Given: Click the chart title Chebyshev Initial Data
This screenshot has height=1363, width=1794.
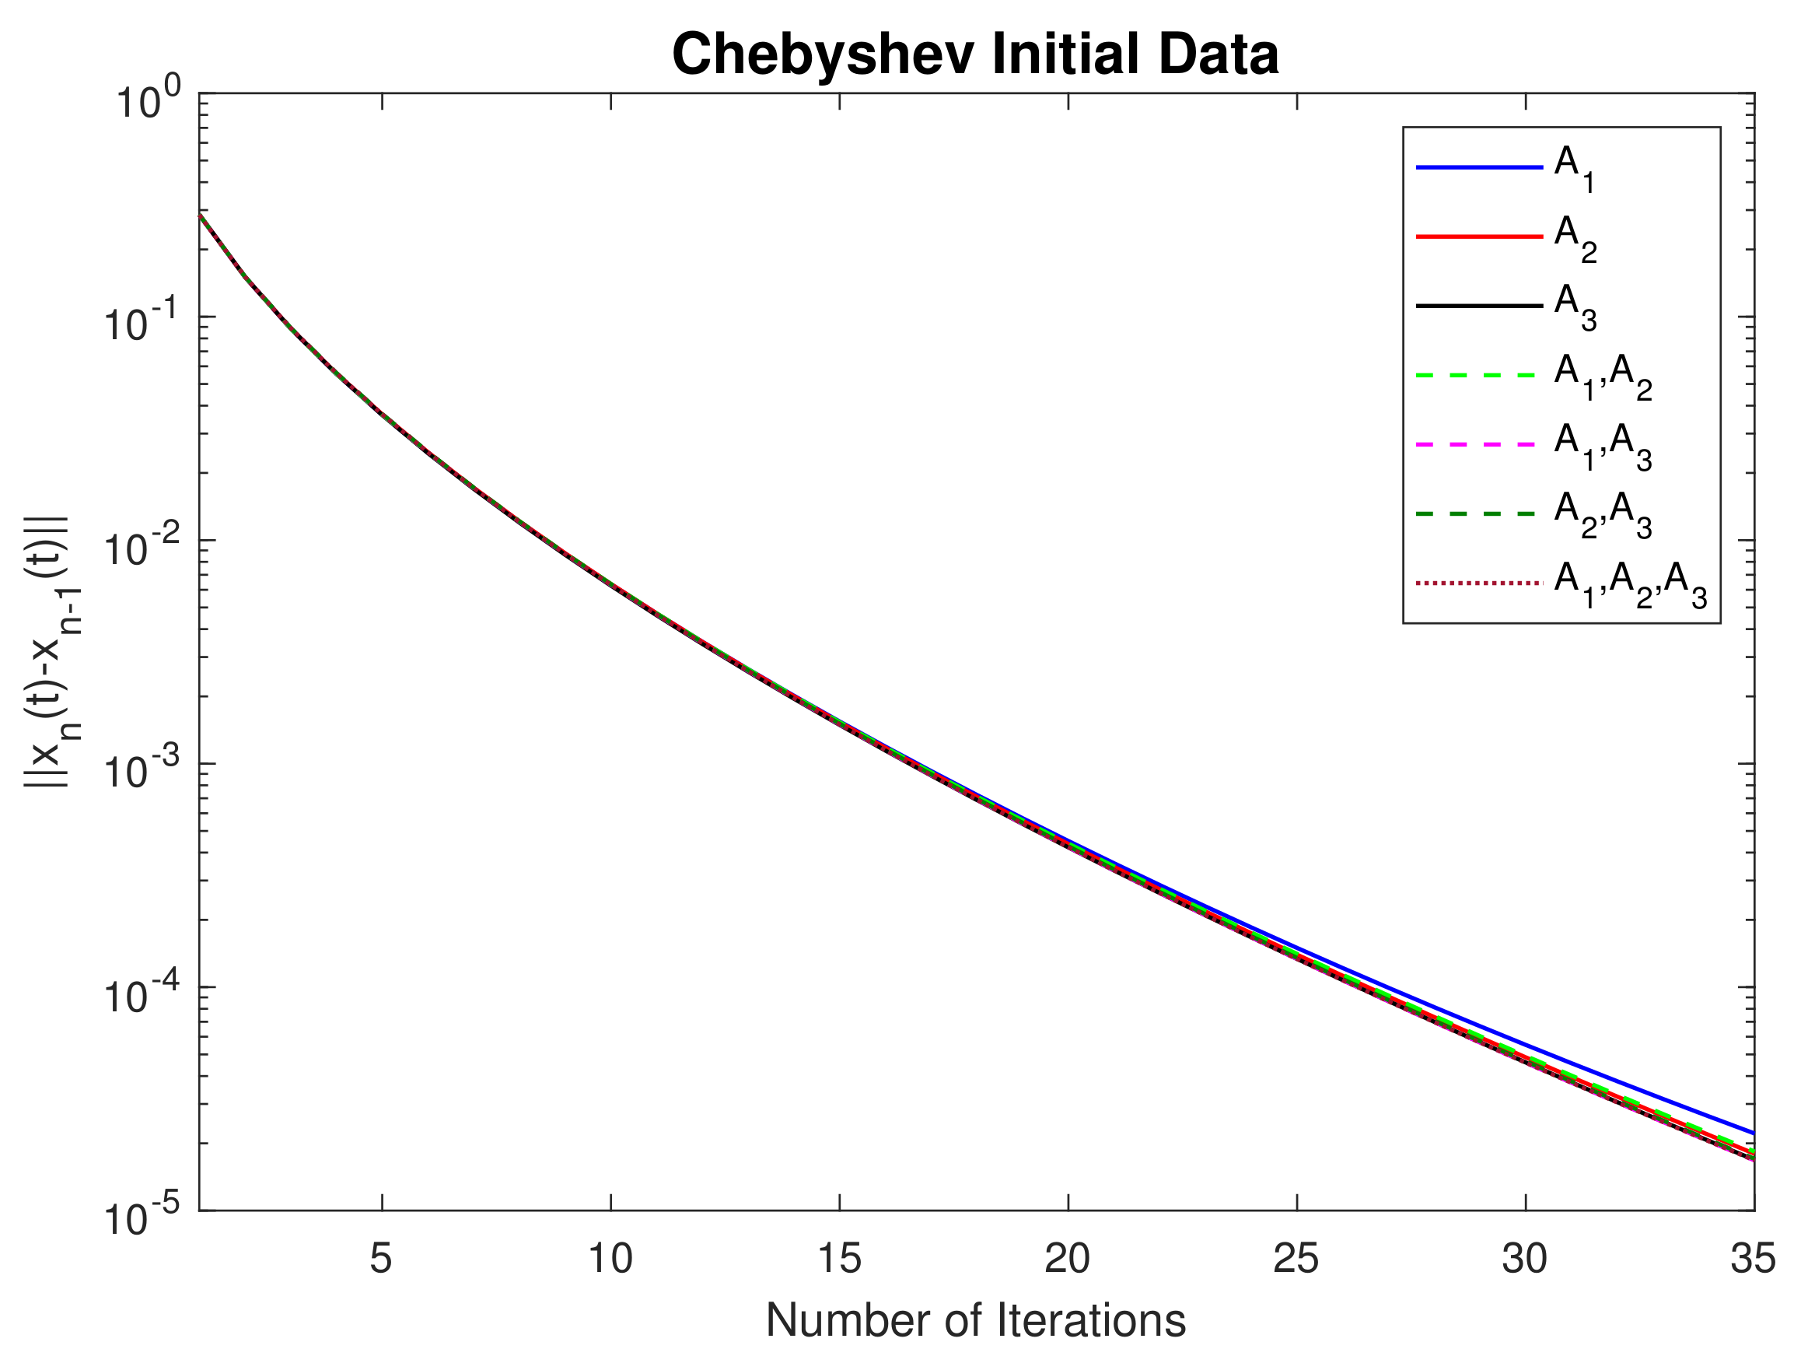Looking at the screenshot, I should point(976,55).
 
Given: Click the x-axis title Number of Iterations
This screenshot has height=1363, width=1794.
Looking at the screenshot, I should point(976,1320).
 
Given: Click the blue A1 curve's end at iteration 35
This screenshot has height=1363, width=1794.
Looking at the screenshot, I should point(1752,1133).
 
